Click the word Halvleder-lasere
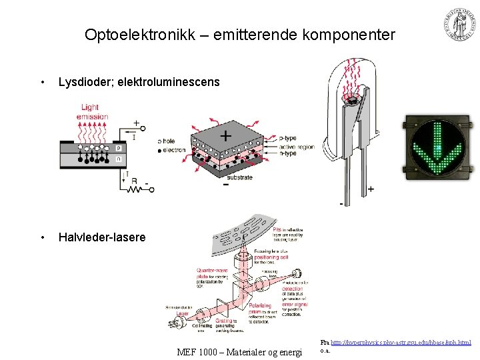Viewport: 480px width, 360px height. tap(101, 237)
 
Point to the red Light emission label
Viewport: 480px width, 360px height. tap(93, 112)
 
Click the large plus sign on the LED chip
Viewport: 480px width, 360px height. tap(226, 135)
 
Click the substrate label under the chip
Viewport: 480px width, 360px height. tap(239, 178)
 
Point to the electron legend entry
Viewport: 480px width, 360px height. tap(174, 150)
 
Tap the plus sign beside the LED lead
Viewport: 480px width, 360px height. tap(370, 189)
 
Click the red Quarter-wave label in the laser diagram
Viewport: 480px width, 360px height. tap(212, 271)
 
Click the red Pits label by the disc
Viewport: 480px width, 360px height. tap(278, 230)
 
